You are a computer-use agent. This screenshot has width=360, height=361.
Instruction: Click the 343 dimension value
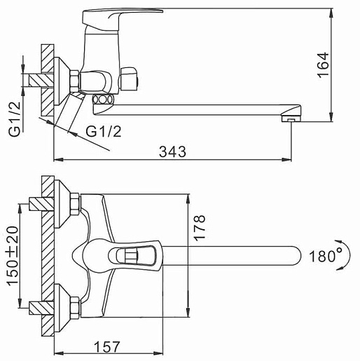coord(172,151)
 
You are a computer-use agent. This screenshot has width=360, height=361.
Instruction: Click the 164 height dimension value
coord(323,65)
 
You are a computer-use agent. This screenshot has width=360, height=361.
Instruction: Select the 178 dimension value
coord(199,228)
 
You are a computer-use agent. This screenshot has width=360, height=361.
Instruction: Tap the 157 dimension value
coord(107,347)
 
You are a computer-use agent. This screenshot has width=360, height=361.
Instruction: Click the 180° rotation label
coord(326,256)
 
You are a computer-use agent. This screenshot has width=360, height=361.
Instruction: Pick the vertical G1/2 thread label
coord(15,118)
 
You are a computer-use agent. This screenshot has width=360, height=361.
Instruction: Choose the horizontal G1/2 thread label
coord(104,131)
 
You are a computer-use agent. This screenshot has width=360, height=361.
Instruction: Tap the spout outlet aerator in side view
coord(291,119)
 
